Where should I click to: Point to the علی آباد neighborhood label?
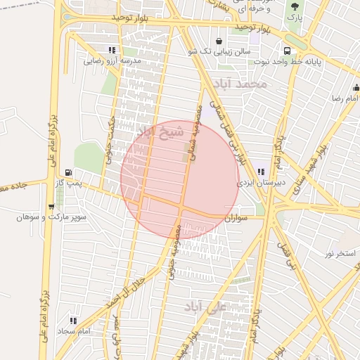tap(202, 307)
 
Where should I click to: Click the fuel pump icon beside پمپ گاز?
tap(68, 172)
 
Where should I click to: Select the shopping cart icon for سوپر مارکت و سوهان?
tap(51, 207)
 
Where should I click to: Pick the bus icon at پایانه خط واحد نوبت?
tap(287, 51)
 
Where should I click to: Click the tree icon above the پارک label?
tap(295, 6)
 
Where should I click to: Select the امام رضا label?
tap(347, 99)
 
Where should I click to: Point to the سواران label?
tap(236, 219)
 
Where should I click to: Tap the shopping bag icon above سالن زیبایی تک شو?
tap(220, 41)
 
